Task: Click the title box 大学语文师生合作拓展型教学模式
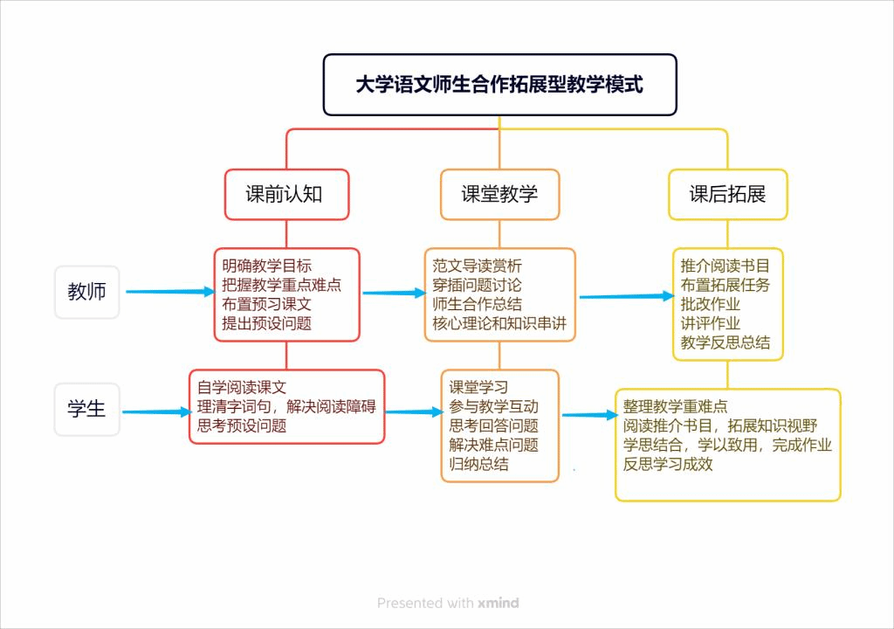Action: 499,85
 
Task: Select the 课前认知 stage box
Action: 286,194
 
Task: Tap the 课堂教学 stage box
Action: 499,194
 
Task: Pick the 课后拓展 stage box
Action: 727,194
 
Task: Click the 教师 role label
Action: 86,292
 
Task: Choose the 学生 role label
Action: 86,409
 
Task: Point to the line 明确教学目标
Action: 266,265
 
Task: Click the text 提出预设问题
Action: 266,323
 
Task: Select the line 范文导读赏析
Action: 477,265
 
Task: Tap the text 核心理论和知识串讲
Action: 499,323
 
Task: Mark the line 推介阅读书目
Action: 726,265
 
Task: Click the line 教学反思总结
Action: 726,342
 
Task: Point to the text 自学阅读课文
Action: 242,388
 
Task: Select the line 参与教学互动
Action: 493,406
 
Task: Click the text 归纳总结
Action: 478,464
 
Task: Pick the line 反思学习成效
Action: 668,464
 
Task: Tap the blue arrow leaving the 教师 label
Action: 169,292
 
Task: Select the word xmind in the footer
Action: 499,603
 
